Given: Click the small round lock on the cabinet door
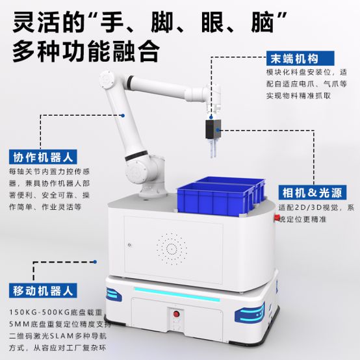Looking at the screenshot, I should coord(130,245).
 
